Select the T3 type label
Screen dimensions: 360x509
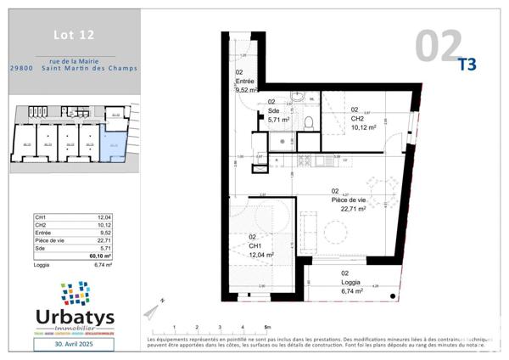pyautogui.click(x=467, y=63)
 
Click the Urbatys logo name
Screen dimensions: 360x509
pyautogui.click(x=75, y=318)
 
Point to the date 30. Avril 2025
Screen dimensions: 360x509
pyautogui.click(x=75, y=346)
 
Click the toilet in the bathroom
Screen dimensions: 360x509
pyautogui.click(x=308, y=122)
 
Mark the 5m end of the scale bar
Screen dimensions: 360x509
pyautogui.click(x=266, y=329)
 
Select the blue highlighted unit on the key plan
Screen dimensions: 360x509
pyautogui.click(x=111, y=143)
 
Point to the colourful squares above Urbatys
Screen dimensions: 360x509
pyautogui.click(x=76, y=293)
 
